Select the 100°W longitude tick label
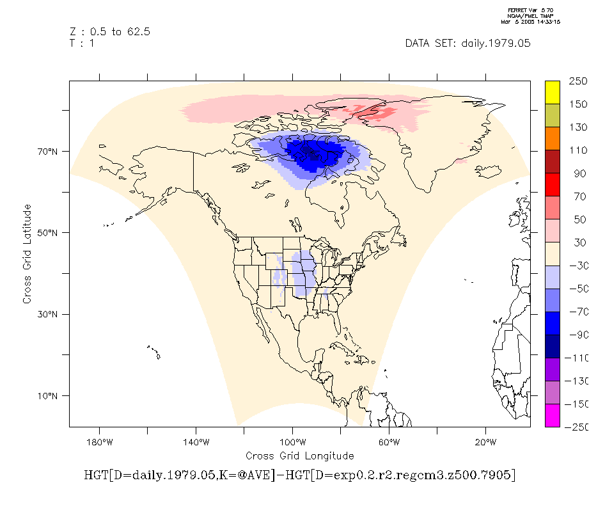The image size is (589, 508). pyautogui.click(x=292, y=441)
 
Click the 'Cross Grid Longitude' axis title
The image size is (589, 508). pyautogui.click(x=299, y=456)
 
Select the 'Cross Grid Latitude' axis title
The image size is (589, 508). pyautogui.click(x=27, y=254)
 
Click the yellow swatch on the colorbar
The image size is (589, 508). pyautogui.click(x=553, y=92)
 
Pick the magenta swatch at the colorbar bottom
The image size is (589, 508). pyautogui.click(x=553, y=415)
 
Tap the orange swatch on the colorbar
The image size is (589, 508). pyautogui.click(x=553, y=138)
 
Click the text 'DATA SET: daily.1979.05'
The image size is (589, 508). pyautogui.click(x=467, y=44)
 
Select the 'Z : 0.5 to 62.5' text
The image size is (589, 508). pyautogui.click(x=110, y=32)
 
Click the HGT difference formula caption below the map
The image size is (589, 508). pyautogui.click(x=299, y=475)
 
